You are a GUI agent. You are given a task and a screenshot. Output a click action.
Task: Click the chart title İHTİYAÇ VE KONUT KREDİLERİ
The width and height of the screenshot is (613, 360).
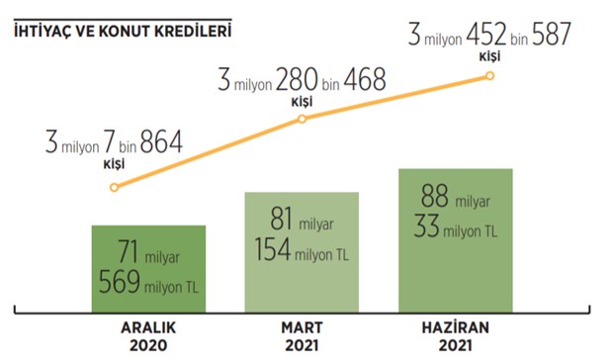tap(123, 32)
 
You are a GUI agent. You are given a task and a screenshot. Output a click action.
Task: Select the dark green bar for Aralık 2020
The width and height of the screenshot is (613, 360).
tap(148, 269)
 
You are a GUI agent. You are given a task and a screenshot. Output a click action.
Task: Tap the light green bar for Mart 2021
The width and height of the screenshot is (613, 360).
tap(302, 252)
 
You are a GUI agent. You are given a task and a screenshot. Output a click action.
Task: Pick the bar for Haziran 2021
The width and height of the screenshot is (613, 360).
tap(456, 240)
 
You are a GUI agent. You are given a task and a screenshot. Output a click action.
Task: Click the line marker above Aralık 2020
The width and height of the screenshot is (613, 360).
tap(114, 188)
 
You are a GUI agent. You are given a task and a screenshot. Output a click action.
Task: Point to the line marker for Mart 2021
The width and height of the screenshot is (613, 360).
tap(302, 119)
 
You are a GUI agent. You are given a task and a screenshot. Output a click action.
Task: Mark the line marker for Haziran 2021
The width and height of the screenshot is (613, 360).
tap(489, 76)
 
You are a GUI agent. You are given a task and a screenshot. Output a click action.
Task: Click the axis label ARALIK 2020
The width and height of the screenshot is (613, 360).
tap(148, 336)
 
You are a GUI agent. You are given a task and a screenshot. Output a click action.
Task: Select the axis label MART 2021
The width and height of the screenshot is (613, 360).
tap(302, 336)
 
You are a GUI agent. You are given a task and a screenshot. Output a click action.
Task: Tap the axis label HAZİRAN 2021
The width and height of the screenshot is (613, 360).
tap(456, 336)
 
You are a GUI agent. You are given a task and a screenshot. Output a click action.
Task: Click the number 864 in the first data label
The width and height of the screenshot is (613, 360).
tap(161, 141)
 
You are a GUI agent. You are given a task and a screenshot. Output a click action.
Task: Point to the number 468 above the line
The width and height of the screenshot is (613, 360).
tap(365, 80)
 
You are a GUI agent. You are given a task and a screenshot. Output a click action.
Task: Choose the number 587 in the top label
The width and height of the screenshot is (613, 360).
tap(552, 35)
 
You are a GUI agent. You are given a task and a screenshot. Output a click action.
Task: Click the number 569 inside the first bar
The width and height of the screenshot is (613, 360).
tap(119, 282)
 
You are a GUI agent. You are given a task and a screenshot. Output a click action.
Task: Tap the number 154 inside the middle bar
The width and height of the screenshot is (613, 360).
tap(273, 249)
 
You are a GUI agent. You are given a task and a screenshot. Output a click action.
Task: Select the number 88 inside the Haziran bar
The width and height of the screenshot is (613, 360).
tap(434, 196)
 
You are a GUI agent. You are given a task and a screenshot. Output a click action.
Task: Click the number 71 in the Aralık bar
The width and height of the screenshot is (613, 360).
tap(128, 252)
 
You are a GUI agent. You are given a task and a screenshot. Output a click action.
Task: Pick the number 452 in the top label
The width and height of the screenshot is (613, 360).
tap(485, 35)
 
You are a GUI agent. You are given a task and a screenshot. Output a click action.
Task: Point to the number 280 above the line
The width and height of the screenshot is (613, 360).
tap(297, 80)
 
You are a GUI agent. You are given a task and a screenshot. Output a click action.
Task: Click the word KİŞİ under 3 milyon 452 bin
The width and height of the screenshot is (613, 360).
tap(489, 57)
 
